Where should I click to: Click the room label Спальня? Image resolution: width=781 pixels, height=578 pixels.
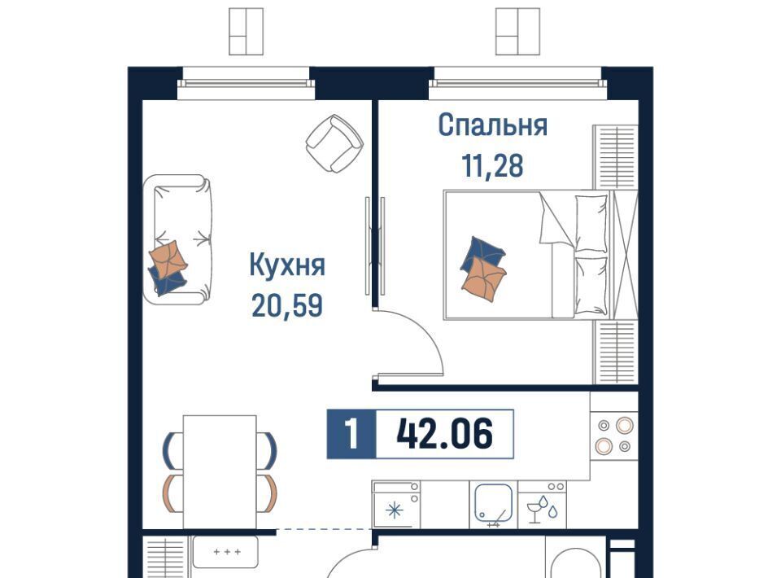point(493,125)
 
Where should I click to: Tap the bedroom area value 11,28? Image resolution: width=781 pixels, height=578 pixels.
point(493,166)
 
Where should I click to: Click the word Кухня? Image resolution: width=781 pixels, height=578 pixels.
point(287,265)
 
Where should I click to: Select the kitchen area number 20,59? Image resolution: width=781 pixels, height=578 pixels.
point(287,305)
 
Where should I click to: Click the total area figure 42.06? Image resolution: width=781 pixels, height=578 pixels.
point(445,433)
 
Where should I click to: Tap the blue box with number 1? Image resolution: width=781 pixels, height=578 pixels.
point(351,433)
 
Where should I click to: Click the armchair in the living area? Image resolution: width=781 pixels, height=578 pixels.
point(334,143)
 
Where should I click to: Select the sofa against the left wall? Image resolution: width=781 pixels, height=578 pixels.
point(178,239)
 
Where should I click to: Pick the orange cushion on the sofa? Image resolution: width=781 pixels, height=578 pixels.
point(168,258)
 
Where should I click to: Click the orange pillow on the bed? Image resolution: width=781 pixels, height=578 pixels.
point(484,280)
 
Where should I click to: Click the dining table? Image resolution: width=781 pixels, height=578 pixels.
point(220,472)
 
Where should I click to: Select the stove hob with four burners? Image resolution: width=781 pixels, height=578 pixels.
point(614,436)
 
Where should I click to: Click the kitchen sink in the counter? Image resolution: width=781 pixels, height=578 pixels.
point(494,504)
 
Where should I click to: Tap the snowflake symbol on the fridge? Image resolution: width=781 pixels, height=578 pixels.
point(395,510)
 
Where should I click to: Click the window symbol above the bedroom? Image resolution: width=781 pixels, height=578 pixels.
point(518,31)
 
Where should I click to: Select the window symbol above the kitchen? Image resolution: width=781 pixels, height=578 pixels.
point(246,31)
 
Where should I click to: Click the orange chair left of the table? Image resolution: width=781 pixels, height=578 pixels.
point(169,494)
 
